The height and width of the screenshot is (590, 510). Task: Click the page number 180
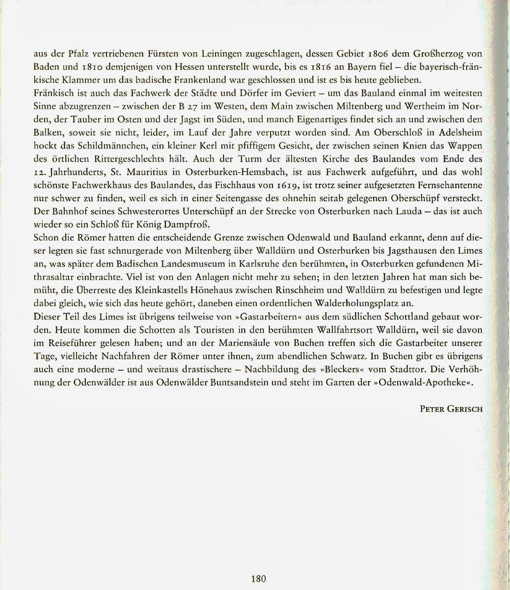[x=259, y=579]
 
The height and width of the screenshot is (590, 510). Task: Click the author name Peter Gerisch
[x=451, y=409]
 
